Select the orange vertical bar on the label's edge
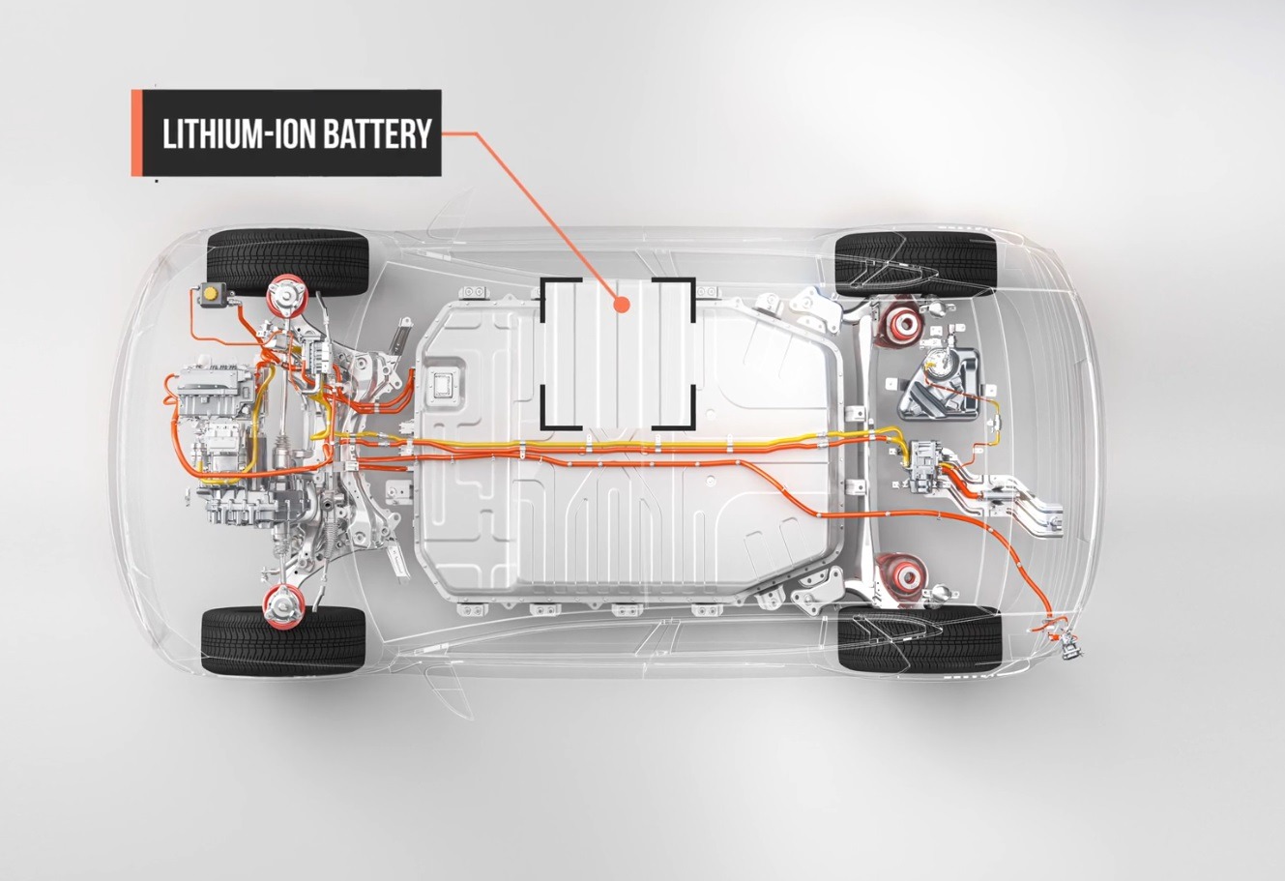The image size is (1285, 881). (x=136, y=133)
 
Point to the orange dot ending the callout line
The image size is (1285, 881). (x=622, y=305)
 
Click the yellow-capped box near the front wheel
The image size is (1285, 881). (x=210, y=294)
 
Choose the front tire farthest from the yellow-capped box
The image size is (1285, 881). (x=283, y=639)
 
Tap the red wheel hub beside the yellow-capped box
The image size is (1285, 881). (x=287, y=294)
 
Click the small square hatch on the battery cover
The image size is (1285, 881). (x=446, y=381)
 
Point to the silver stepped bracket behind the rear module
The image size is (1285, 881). (x=1020, y=498)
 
